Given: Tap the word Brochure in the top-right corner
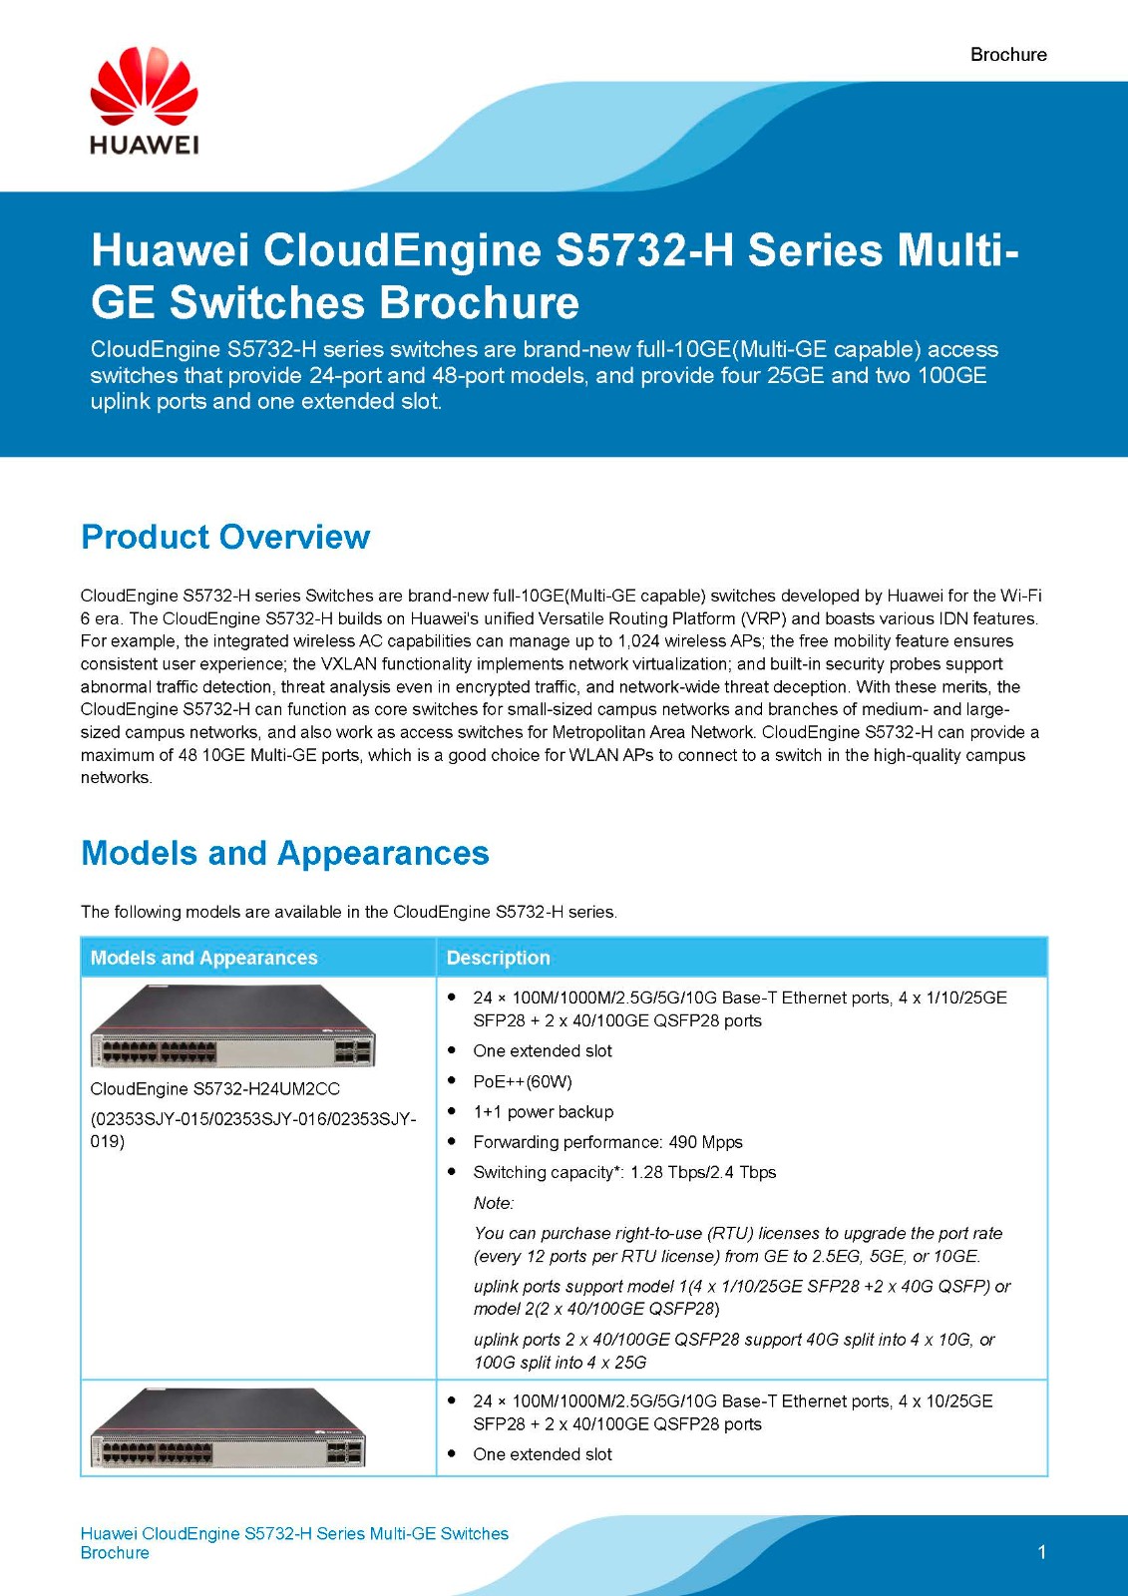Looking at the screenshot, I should click(x=1008, y=55).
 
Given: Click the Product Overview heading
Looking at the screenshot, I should click(x=225, y=537).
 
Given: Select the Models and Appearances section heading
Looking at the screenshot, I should click(x=284, y=853).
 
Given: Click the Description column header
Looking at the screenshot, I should click(x=498, y=958).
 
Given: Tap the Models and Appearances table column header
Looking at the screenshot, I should click(x=203, y=958).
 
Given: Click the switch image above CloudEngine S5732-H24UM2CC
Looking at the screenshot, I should click(x=232, y=1026).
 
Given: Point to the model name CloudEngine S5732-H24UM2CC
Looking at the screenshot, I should click(x=214, y=1088).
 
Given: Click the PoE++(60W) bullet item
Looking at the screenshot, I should click(x=523, y=1081).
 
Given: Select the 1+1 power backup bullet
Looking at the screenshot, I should click(x=543, y=1111).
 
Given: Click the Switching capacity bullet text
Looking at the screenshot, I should click(x=623, y=1172).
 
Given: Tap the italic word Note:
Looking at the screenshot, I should click(x=494, y=1203).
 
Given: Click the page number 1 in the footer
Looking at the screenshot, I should click(x=1041, y=1552).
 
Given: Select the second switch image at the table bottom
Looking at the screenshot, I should click(x=228, y=1428).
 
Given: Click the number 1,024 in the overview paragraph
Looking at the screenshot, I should click(x=638, y=641).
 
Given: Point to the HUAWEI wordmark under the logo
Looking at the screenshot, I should click(x=144, y=145).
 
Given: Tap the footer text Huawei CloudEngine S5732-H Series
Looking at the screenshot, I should click(x=294, y=1533).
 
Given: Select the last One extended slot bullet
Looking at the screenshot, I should click(x=543, y=1454).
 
